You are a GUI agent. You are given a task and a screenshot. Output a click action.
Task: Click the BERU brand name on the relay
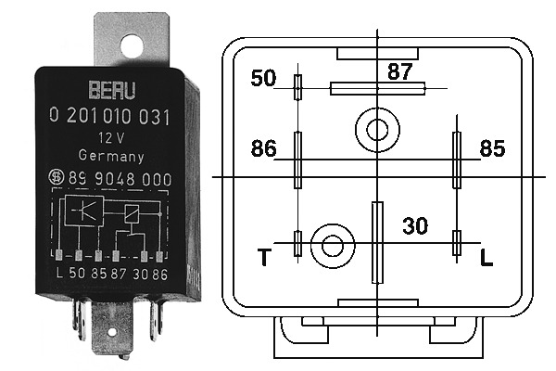(x=112, y=90)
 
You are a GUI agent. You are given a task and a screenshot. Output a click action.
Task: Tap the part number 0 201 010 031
(x=109, y=116)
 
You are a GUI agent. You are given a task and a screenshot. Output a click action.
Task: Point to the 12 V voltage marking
(x=111, y=138)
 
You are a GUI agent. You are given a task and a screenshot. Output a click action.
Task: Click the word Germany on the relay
(x=111, y=156)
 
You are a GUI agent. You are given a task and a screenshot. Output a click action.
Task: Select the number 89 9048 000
(x=120, y=179)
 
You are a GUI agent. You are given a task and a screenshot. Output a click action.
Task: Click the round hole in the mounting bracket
(x=132, y=45)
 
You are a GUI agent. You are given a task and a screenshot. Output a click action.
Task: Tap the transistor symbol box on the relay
(x=84, y=211)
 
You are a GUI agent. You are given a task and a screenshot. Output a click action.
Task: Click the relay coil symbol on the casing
(x=132, y=214)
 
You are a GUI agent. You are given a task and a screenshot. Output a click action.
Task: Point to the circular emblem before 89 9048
(x=56, y=177)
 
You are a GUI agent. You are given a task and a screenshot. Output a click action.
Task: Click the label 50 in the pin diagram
(x=263, y=78)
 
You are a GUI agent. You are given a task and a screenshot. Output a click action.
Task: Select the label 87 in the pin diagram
(x=400, y=71)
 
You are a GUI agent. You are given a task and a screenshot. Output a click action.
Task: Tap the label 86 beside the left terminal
(x=263, y=148)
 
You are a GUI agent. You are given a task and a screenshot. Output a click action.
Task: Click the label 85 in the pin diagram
(x=492, y=148)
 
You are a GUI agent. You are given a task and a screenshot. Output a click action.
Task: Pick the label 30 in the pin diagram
(x=415, y=225)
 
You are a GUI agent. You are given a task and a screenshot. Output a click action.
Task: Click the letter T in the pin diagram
(x=264, y=257)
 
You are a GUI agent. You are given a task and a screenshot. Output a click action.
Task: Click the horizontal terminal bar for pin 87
(x=378, y=88)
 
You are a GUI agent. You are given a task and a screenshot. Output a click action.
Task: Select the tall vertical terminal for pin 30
(x=377, y=242)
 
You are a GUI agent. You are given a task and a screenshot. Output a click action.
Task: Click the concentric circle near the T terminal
(x=333, y=246)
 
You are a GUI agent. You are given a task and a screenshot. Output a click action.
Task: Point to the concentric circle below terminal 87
(x=377, y=130)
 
